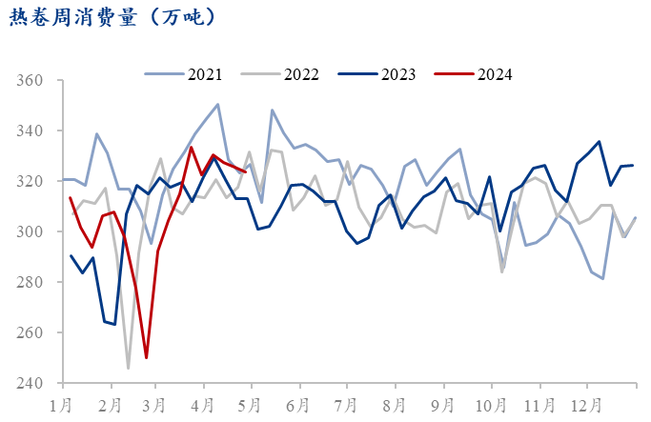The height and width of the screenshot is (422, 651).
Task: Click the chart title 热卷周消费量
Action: tap(112, 17)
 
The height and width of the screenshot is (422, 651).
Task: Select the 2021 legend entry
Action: tap(205, 73)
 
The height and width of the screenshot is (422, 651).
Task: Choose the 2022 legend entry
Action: tap(301, 73)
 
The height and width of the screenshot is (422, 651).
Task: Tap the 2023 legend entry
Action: tap(397, 73)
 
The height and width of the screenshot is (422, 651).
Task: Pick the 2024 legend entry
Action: tap(494, 73)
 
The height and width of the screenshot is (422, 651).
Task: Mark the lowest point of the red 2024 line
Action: tap(146, 358)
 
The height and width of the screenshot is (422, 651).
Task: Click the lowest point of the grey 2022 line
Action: tap(129, 368)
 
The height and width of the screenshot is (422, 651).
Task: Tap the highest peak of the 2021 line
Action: tap(218, 105)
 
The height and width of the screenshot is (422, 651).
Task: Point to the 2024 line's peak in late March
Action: tap(191, 147)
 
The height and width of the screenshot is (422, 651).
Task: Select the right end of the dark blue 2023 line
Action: tap(633, 165)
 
